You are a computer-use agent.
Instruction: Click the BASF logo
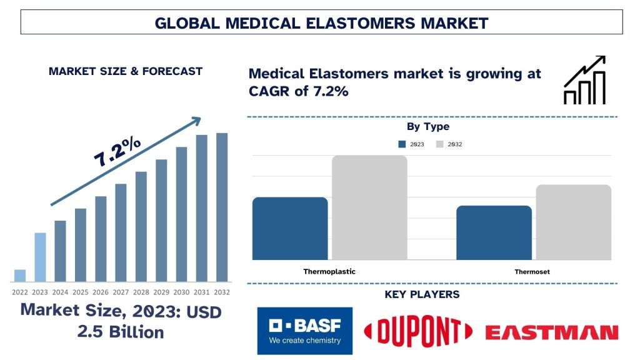(304, 331)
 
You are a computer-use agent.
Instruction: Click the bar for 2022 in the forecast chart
(20, 276)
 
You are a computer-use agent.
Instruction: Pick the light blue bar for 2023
(40, 257)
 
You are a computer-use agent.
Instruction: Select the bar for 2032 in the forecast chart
(222, 207)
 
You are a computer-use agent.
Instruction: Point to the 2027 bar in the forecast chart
(121, 232)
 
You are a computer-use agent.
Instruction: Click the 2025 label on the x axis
(80, 292)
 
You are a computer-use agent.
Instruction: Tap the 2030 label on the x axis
(181, 292)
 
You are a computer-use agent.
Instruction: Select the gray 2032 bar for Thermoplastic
(369, 207)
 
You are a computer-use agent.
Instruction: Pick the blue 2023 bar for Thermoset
(494, 232)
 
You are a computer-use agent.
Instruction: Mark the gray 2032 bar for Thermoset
(573, 222)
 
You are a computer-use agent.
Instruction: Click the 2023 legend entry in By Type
(411, 144)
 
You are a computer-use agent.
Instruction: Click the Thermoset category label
(532, 272)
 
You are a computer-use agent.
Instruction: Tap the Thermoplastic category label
(329, 272)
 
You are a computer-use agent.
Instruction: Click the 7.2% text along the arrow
(117, 152)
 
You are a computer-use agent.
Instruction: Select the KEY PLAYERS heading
(422, 294)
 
